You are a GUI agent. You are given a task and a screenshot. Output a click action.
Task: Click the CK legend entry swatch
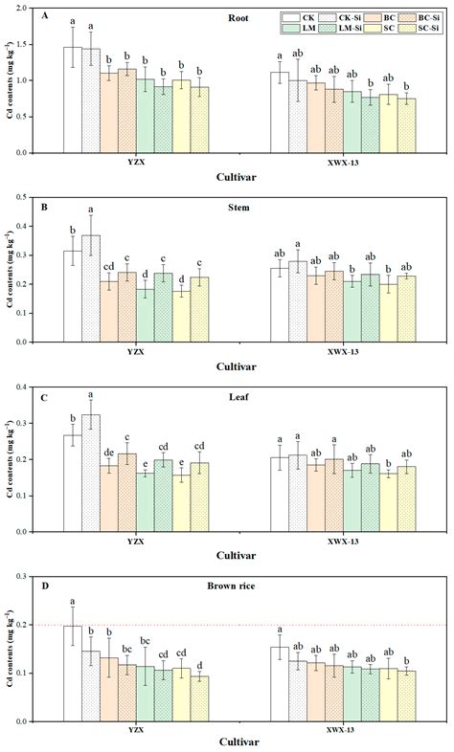(x=293, y=18)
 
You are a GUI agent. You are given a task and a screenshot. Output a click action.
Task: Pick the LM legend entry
(x=293, y=30)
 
